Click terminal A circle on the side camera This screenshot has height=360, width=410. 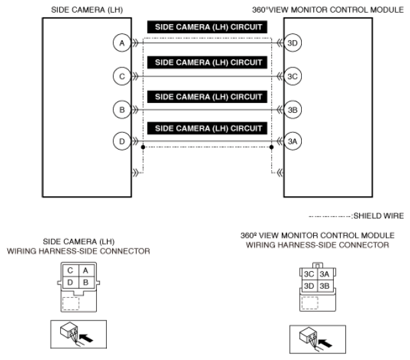(121, 43)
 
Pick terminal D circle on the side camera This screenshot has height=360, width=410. (121, 142)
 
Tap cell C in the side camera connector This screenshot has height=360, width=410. (69, 271)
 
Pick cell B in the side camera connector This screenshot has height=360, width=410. (84, 283)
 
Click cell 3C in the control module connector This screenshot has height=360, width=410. (309, 274)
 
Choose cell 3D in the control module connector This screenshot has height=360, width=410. (309, 286)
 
